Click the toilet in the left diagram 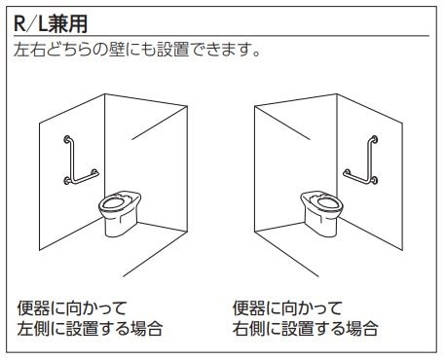120,212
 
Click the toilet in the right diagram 321,212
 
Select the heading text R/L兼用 51,23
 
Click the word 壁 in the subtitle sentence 117,50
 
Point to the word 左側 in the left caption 34,328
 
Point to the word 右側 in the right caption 248,328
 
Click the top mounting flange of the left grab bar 67,139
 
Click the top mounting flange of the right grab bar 374,139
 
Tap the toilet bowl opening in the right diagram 327,202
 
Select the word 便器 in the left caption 34,308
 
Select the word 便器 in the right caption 248,308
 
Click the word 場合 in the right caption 362,328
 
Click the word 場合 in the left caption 146,328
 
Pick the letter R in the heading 19,23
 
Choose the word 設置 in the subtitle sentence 173,50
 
